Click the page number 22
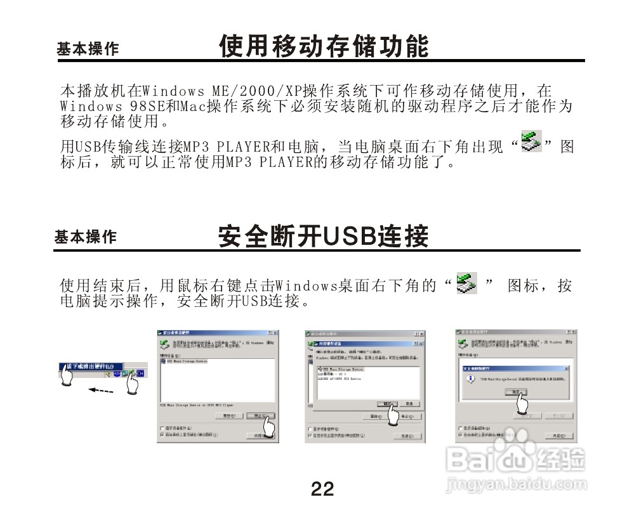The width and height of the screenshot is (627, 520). point(322,489)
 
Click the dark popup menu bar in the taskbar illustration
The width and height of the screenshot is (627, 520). point(89,366)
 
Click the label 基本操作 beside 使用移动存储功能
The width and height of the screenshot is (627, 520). point(87,49)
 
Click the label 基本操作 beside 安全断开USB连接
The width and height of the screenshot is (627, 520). point(85,237)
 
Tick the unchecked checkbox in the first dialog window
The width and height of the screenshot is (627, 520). point(162,428)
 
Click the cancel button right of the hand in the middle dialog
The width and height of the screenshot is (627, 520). point(411,403)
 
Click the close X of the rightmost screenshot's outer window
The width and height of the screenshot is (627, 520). point(573,332)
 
